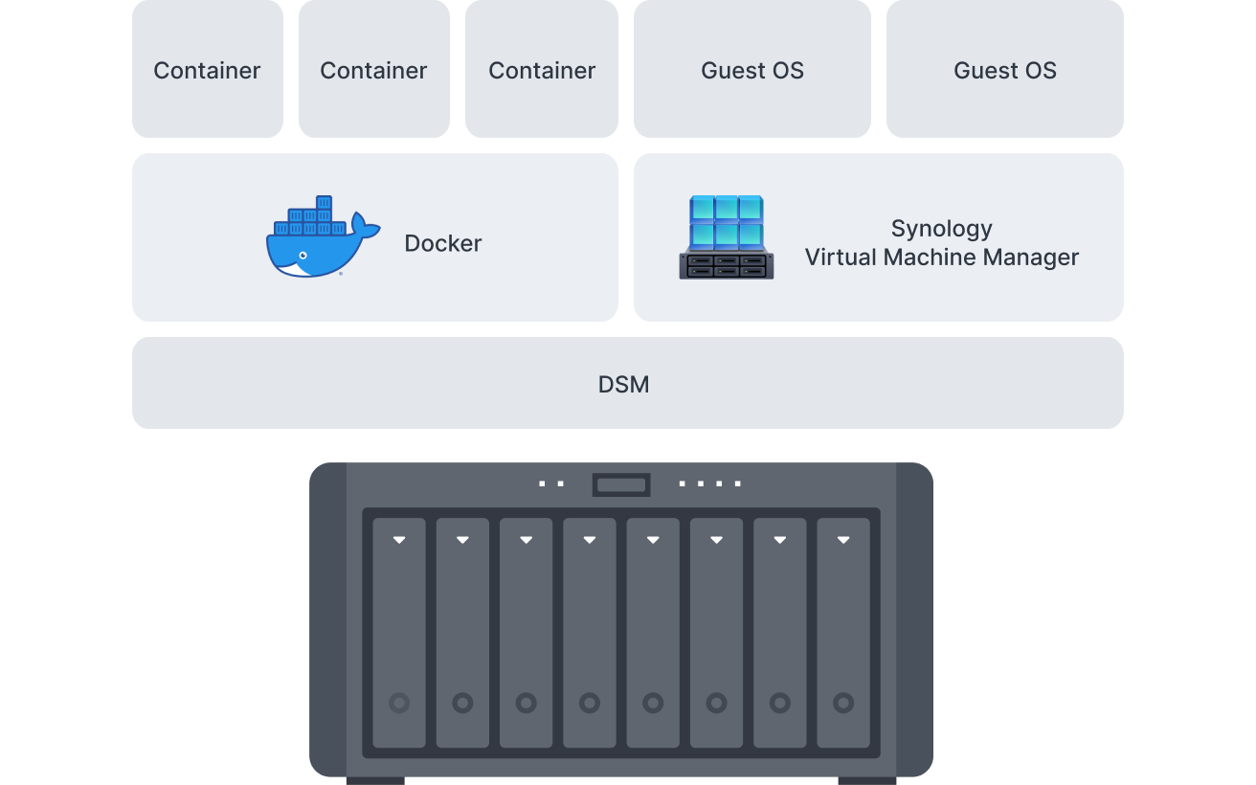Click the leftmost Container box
pyautogui.click(x=208, y=70)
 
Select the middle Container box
pyautogui.click(x=373, y=70)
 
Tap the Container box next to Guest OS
pyautogui.click(x=542, y=70)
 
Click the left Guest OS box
pyautogui.click(x=752, y=70)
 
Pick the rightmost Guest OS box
pyautogui.click(x=1004, y=70)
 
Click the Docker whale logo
pyautogui.click(x=321, y=238)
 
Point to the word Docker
pyautogui.click(x=442, y=243)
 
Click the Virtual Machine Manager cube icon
pyautogui.click(x=727, y=237)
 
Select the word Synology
pyautogui.click(x=941, y=229)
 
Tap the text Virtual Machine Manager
pyautogui.click(x=941, y=258)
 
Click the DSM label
pyautogui.click(x=623, y=385)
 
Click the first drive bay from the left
pyautogui.click(x=399, y=633)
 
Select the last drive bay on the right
pyautogui.click(x=843, y=633)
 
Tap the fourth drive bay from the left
pyautogui.click(x=590, y=633)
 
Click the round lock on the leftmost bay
pyautogui.click(x=399, y=704)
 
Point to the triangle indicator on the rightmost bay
pyautogui.click(x=843, y=540)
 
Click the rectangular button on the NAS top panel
pyautogui.click(x=621, y=485)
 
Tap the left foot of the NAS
pyautogui.click(x=375, y=780)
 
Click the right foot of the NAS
pyautogui.click(x=867, y=780)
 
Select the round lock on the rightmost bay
pyautogui.click(x=843, y=704)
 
